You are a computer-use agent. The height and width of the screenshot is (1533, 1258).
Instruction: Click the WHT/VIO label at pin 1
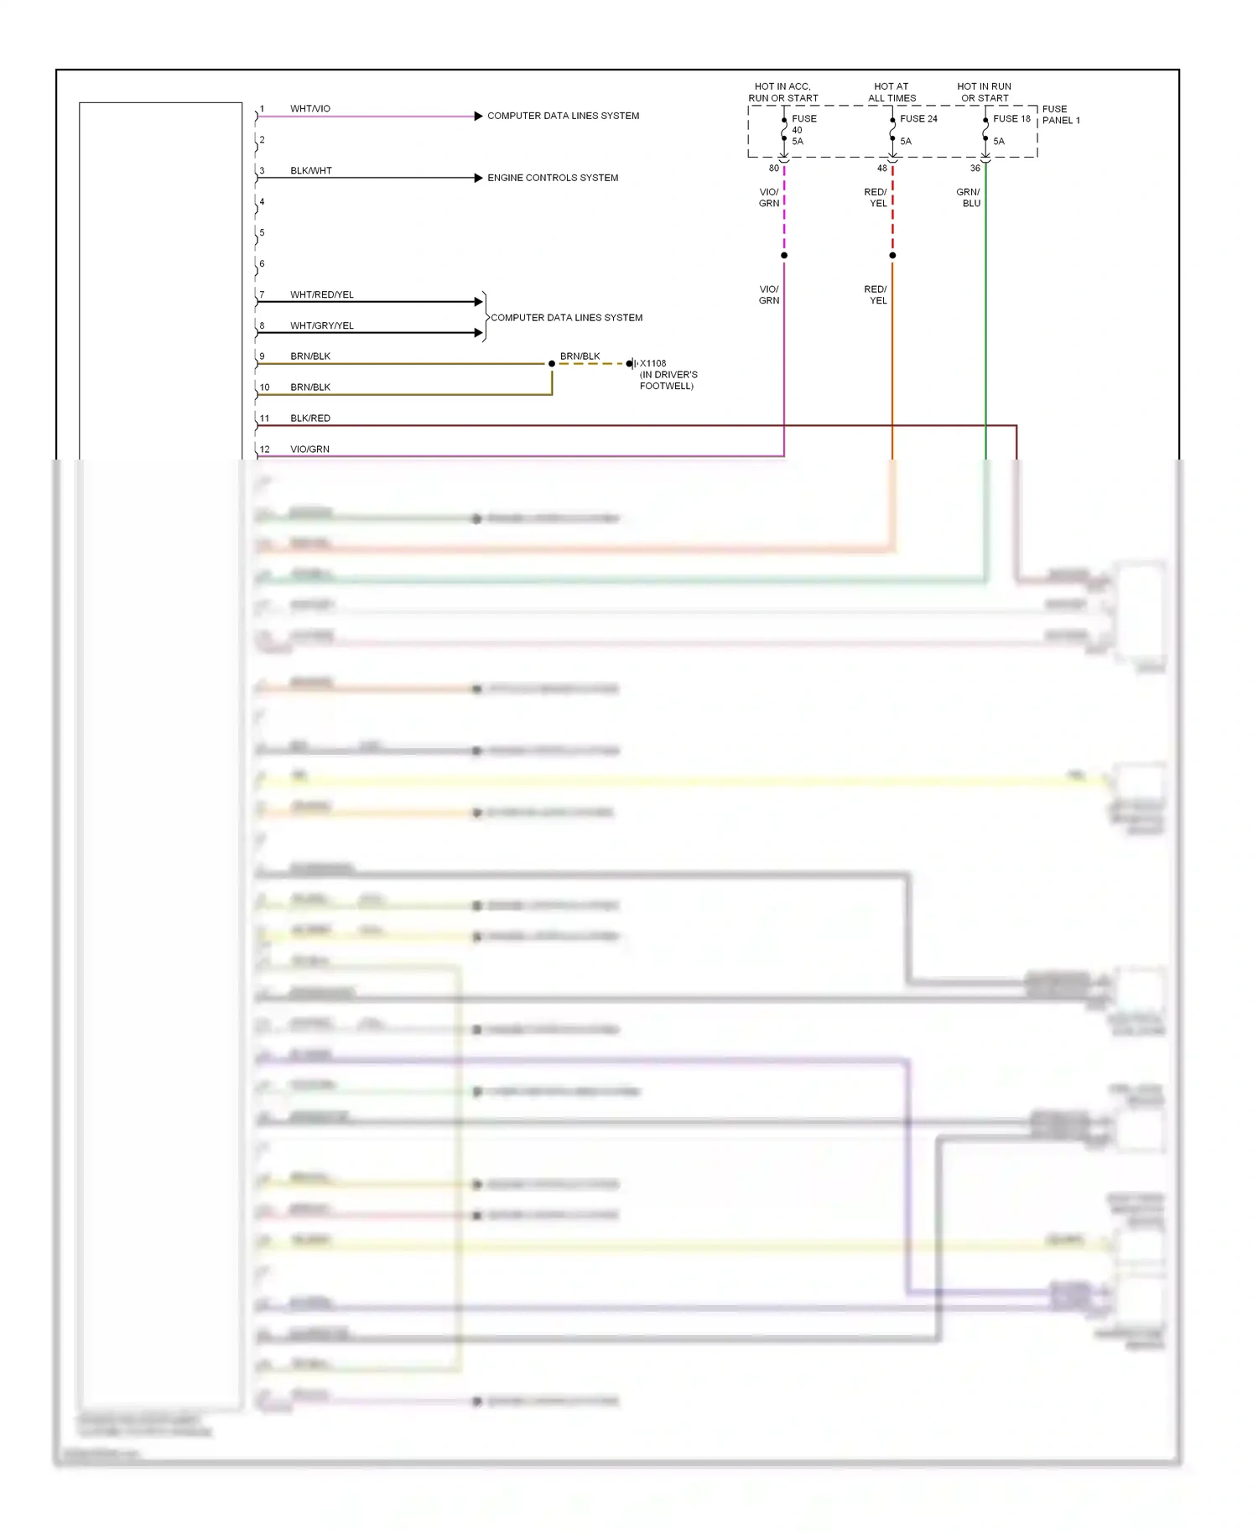(310, 109)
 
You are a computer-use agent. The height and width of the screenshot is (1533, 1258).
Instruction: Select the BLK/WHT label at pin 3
(311, 171)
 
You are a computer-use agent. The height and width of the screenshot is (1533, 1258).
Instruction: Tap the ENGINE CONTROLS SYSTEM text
(553, 178)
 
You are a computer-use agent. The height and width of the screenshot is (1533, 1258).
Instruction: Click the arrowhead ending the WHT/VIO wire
(478, 116)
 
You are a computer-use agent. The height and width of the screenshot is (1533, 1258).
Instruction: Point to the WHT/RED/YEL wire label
(322, 295)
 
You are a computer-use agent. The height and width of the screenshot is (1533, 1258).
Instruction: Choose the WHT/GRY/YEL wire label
(322, 326)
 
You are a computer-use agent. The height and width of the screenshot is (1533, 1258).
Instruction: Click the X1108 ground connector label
(653, 364)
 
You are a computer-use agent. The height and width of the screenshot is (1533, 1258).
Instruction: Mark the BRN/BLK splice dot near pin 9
(552, 364)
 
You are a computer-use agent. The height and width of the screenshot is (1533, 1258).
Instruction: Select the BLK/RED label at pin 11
(310, 418)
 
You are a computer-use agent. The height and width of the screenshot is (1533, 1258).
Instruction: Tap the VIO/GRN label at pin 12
(310, 450)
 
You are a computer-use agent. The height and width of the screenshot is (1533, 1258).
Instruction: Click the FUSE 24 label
(918, 119)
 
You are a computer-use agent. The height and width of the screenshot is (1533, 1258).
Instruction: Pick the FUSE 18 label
(1011, 119)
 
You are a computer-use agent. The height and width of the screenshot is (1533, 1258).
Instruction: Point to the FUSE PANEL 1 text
(1061, 115)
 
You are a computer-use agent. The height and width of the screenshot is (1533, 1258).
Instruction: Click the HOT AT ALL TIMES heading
(892, 92)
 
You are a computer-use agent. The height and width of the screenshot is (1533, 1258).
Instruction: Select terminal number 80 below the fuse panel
(774, 169)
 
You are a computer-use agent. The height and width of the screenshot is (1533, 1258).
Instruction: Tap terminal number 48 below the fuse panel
(882, 169)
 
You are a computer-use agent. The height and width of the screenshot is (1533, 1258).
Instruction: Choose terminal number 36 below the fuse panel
(975, 169)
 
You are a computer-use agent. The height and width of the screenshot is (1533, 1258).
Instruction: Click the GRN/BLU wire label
(969, 198)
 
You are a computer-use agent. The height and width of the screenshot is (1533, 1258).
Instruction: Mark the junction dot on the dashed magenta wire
(784, 256)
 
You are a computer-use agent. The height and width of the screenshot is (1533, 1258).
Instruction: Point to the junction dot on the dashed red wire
(892, 256)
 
